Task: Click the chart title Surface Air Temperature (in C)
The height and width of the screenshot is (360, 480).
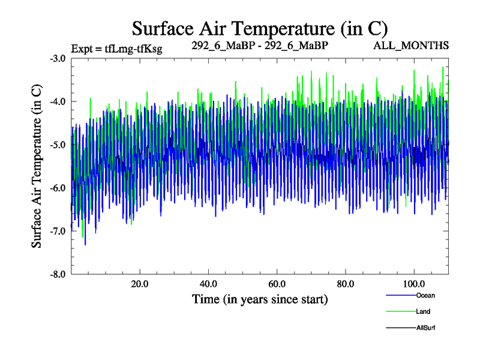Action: click(x=259, y=28)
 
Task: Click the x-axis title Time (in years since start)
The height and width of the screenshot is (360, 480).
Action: click(x=259, y=299)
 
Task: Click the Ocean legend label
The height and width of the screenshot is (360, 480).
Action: click(x=425, y=295)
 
